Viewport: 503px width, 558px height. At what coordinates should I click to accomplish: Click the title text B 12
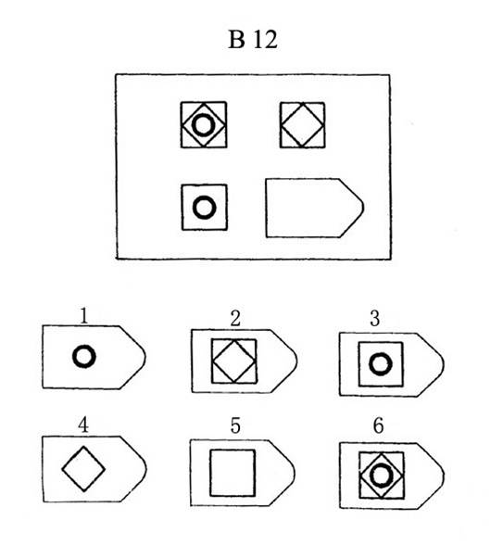(x=253, y=39)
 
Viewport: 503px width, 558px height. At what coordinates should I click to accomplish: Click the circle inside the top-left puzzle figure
(x=203, y=116)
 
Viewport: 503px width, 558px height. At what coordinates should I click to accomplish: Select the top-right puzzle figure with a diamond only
(x=302, y=125)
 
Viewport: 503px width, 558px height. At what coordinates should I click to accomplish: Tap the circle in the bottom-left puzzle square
(x=204, y=198)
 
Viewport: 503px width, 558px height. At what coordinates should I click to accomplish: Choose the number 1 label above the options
(x=84, y=316)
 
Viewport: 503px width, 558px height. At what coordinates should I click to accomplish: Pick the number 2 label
(x=235, y=319)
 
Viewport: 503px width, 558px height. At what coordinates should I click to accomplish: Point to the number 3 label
(x=375, y=319)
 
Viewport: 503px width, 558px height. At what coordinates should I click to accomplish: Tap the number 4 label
(x=83, y=425)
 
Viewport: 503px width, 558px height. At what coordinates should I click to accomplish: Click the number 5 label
(x=235, y=425)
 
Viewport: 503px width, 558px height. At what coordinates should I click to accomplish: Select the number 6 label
(x=379, y=425)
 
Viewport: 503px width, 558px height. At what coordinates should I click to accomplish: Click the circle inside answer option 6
(x=382, y=465)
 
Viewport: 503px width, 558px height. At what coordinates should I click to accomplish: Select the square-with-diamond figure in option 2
(x=234, y=361)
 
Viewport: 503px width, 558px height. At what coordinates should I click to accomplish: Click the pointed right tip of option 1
(x=145, y=356)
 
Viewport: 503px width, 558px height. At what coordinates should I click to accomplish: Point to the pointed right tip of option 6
(x=444, y=476)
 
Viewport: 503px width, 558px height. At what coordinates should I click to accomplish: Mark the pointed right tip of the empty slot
(x=363, y=207)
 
